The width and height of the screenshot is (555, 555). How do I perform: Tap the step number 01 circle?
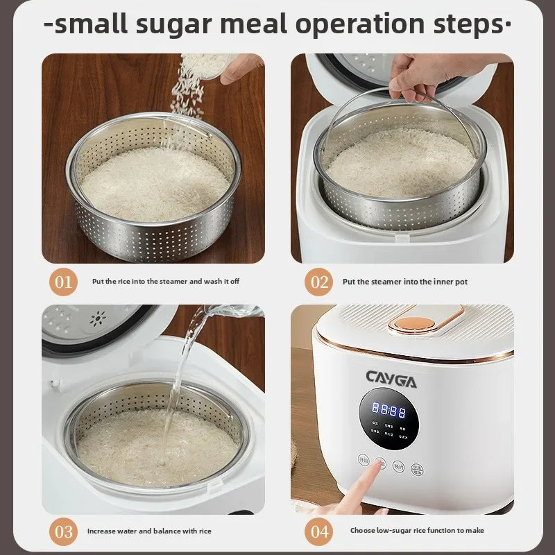point(64,282)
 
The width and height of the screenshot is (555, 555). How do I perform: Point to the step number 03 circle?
point(64,531)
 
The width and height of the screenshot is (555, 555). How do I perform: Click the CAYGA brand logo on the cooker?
point(392,379)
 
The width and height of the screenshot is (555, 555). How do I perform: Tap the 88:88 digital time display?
point(388,410)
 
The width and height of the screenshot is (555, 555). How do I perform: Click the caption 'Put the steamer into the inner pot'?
point(406,282)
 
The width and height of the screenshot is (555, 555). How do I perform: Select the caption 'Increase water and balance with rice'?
point(149,531)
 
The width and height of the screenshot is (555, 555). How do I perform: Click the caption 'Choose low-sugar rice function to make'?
point(417,531)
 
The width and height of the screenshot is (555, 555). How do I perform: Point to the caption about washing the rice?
point(166,282)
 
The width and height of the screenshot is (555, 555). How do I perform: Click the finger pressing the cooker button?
point(361,489)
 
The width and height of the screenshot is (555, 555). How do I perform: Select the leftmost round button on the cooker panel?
point(364,459)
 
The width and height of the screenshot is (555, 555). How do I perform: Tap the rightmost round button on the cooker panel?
point(417,470)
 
